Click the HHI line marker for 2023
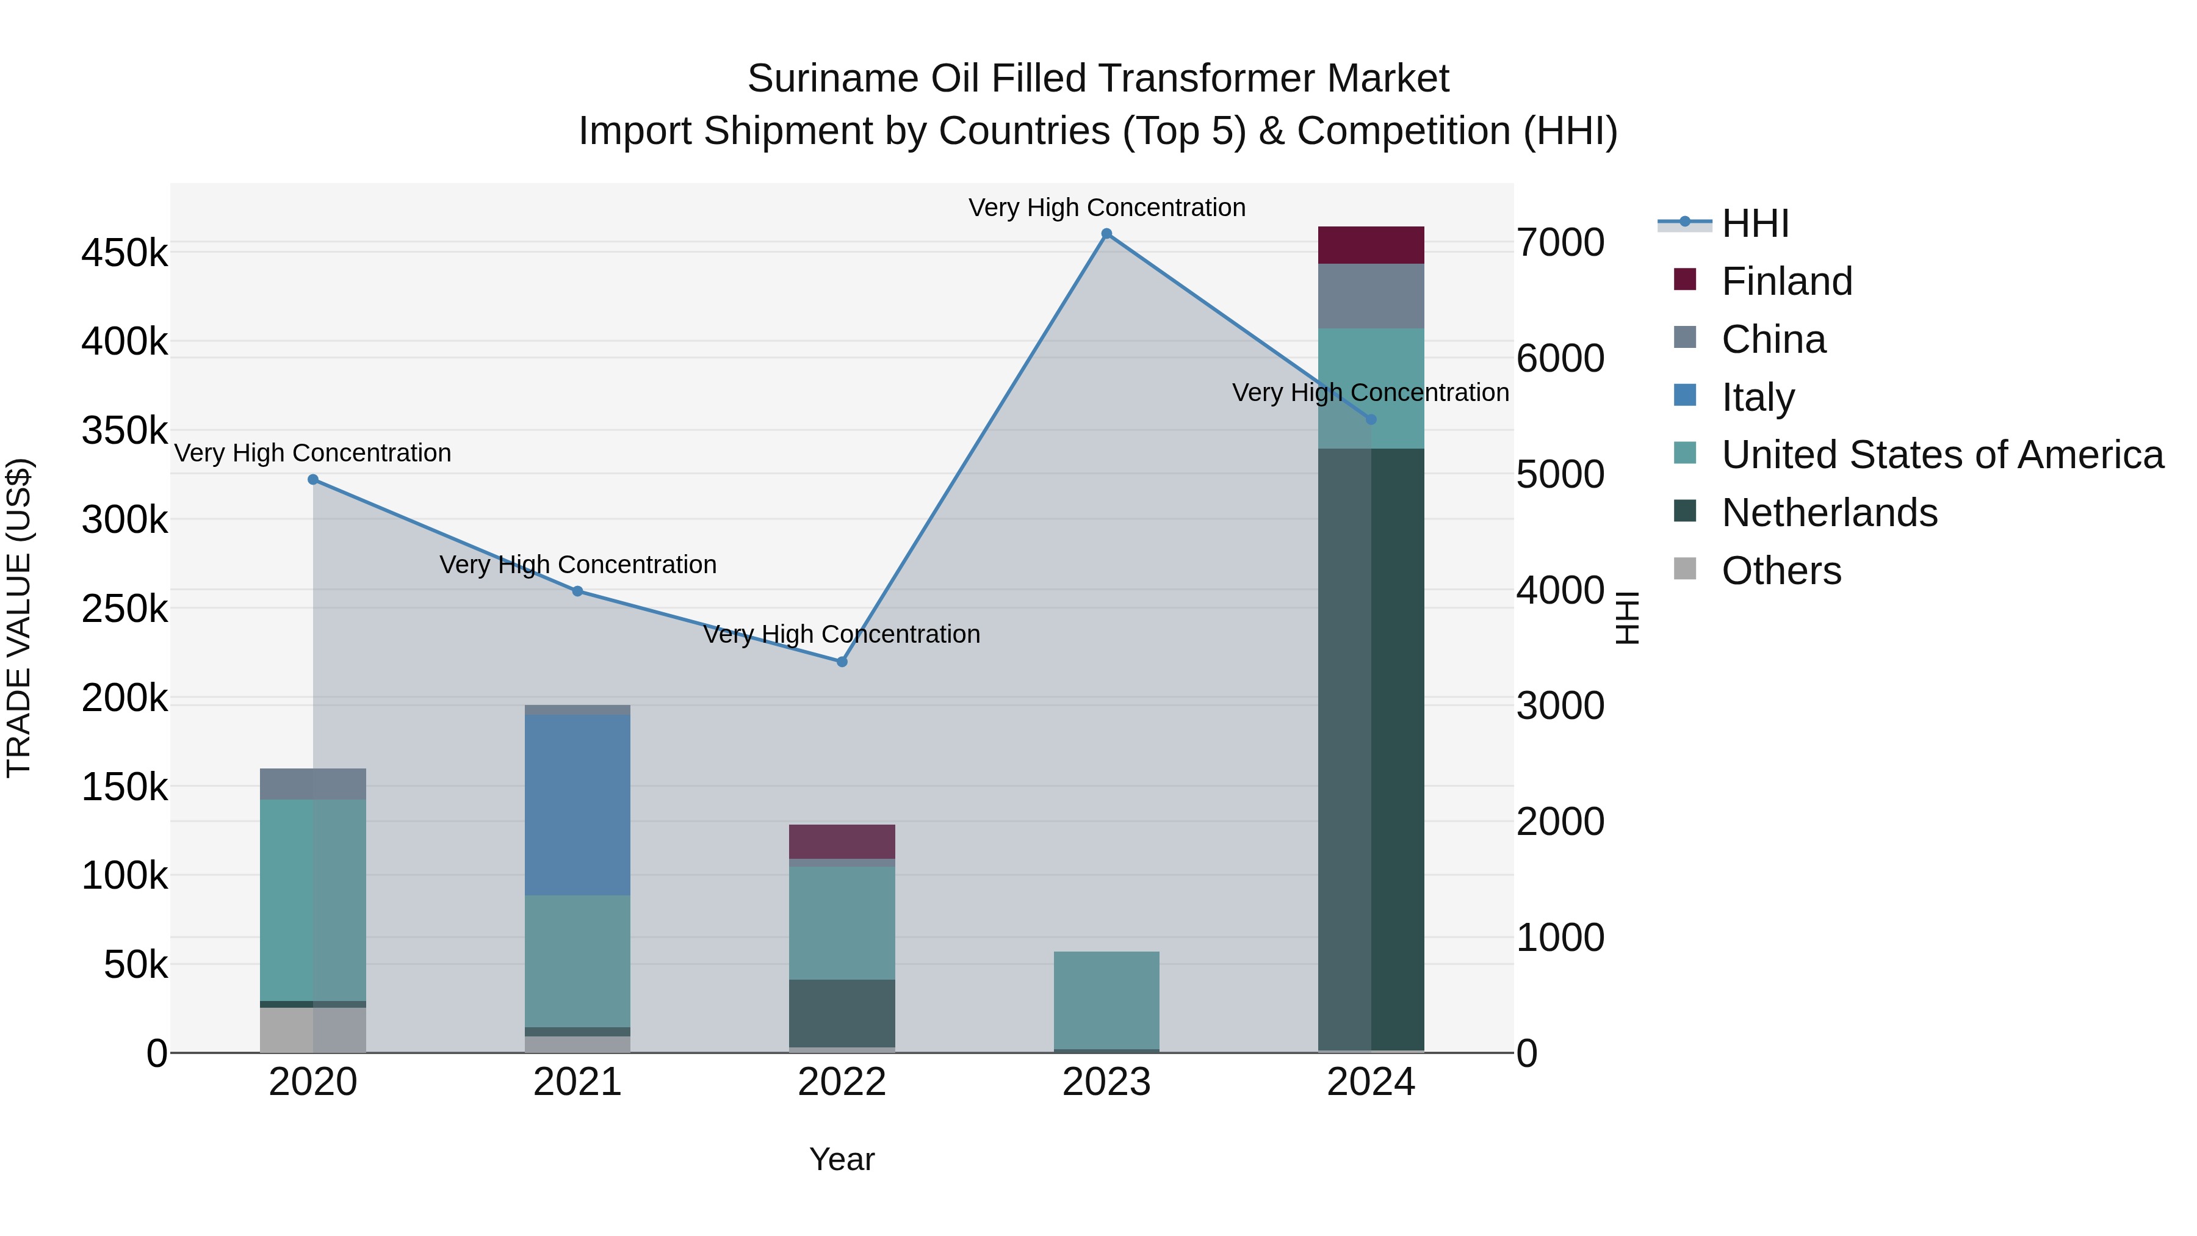(1106, 234)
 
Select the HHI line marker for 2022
(842, 662)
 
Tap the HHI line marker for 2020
(313, 479)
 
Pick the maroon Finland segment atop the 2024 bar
(1371, 245)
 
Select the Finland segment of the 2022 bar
(842, 842)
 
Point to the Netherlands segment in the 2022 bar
(842, 1013)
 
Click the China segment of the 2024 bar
(1371, 296)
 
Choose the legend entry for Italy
(1758, 397)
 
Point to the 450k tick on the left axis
(124, 254)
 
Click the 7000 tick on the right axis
(1560, 243)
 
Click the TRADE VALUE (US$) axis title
(20, 618)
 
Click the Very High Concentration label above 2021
(577, 565)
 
